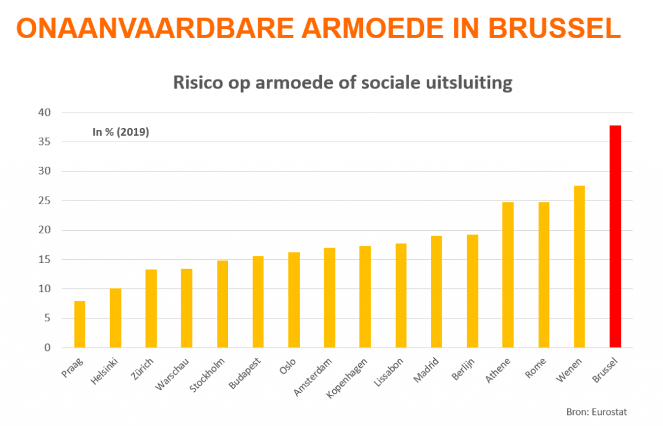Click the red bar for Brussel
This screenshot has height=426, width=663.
(x=615, y=237)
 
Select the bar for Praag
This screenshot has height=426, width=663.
(x=80, y=325)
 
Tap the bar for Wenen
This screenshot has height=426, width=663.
(x=579, y=267)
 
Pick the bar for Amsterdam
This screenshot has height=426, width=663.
(x=330, y=297)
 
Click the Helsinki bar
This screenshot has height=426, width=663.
(x=115, y=318)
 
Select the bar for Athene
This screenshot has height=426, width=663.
(x=508, y=275)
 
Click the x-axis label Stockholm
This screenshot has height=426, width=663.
(x=208, y=373)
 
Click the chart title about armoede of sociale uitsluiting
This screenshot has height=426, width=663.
(x=343, y=83)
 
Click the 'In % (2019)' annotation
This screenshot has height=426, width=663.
(x=121, y=133)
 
